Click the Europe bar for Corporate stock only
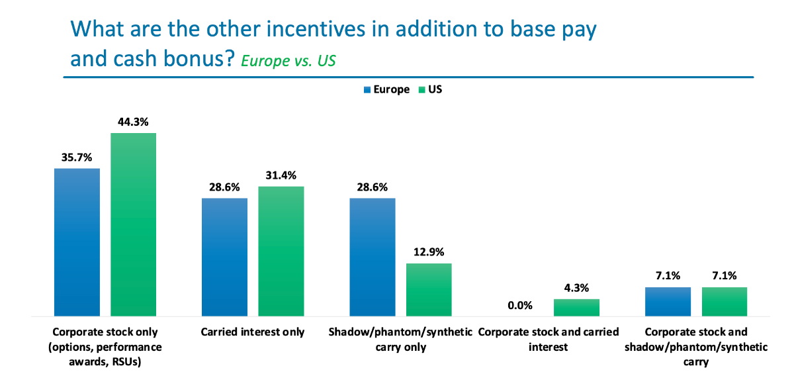[77, 242]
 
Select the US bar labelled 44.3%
[133, 224]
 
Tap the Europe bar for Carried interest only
[224, 257]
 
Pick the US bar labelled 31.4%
[281, 251]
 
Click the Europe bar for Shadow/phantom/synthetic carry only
[373, 257]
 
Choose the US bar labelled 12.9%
[428, 289]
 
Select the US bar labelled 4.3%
[576, 307]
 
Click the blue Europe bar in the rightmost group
[668, 301]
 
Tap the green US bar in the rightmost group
[724, 301]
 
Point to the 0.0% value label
[520, 306]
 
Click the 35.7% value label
[77, 158]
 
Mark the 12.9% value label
[428, 252]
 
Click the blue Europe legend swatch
[367, 89]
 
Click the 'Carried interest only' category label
[253, 332]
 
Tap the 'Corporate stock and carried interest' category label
[548, 339]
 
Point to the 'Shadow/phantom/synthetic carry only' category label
[400, 339]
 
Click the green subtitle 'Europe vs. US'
[288, 61]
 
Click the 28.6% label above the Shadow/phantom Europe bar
[373, 187]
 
